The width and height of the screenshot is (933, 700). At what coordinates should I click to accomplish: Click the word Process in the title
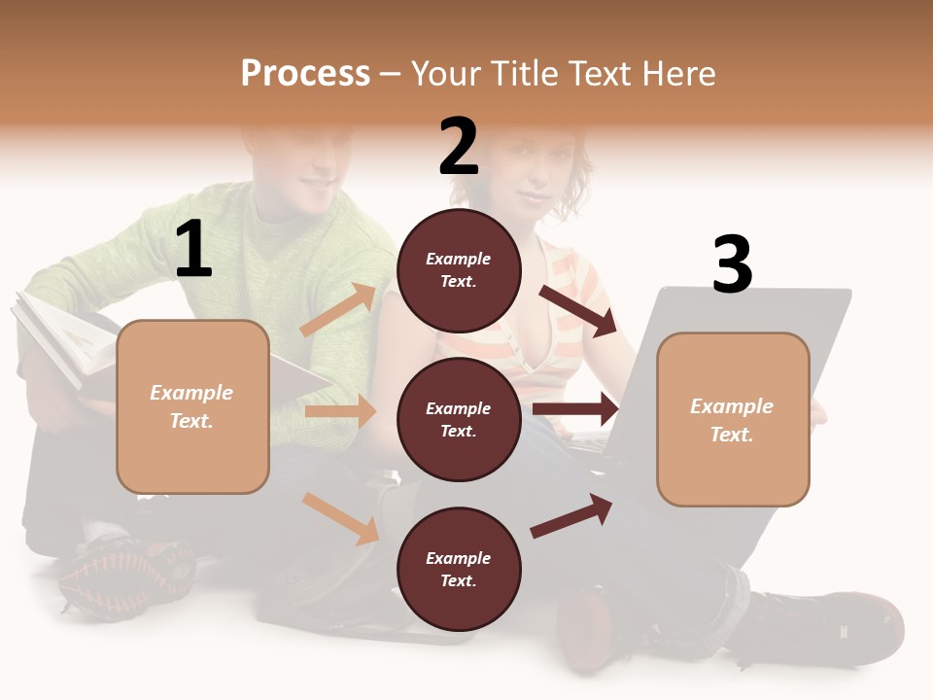(305, 74)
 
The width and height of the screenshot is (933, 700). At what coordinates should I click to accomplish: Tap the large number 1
(193, 250)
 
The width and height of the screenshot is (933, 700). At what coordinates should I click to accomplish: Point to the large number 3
(732, 265)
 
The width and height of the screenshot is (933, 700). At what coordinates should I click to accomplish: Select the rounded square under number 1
(192, 406)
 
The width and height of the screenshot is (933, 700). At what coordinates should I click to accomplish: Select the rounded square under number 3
(733, 419)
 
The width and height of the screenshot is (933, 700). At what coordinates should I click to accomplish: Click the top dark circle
(459, 270)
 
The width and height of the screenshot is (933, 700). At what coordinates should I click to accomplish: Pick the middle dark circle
(459, 419)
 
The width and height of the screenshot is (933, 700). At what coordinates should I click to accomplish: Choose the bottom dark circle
(459, 569)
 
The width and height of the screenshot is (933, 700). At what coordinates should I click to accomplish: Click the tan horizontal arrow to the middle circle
(340, 411)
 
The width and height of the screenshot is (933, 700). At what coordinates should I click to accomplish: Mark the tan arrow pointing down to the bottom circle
(341, 517)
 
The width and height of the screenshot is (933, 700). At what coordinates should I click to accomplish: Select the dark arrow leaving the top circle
(578, 310)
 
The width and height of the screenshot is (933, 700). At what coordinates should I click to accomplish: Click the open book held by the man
(68, 345)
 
